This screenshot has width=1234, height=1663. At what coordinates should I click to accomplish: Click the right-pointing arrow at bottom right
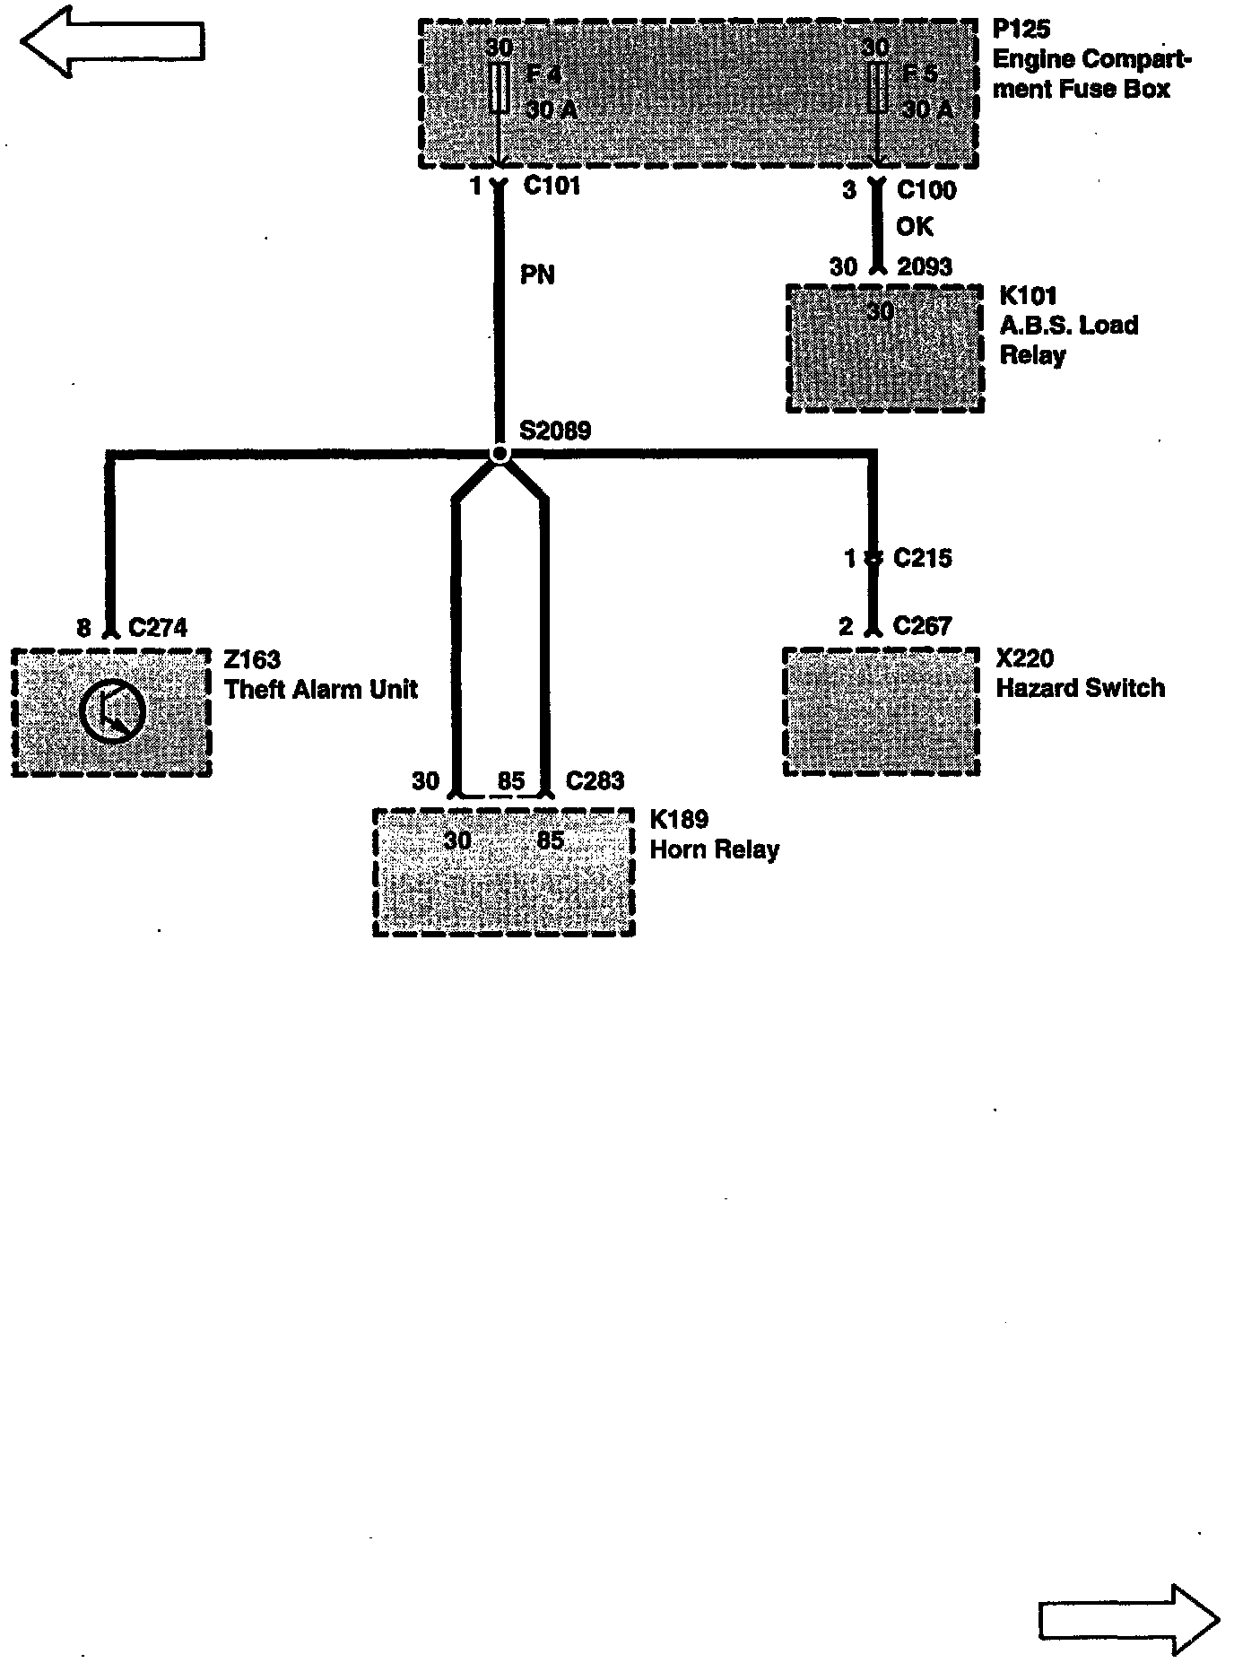click(1128, 1620)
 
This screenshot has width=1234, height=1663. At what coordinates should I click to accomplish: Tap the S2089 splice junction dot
click(500, 455)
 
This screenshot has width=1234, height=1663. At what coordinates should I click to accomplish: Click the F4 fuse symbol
click(500, 87)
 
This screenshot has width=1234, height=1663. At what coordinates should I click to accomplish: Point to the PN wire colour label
click(537, 274)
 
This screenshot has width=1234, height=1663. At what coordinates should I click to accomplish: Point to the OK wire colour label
click(914, 226)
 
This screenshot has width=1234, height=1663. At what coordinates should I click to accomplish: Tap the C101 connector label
click(552, 187)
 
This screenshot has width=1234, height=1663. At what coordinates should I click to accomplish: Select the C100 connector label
click(926, 190)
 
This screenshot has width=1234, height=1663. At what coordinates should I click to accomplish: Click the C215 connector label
click(922, 558)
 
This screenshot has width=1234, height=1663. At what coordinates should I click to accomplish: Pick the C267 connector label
click(922, 626)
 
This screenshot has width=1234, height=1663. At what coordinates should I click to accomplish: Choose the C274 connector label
click(158, 627)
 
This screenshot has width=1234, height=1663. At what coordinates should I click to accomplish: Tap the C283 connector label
click(595, 780)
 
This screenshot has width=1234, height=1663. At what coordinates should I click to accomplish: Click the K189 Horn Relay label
click(714, 834)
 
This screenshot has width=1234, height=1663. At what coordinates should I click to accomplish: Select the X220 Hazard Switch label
click(1080, 674)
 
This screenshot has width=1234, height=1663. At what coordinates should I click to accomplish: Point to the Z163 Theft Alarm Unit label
click(320, 675)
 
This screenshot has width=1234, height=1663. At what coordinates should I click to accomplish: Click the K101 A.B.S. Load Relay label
click(1068, 325)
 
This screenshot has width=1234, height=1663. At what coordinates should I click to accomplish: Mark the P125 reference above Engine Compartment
click(1021, 30)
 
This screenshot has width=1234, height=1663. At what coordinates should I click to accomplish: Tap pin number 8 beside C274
click(83, 628)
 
